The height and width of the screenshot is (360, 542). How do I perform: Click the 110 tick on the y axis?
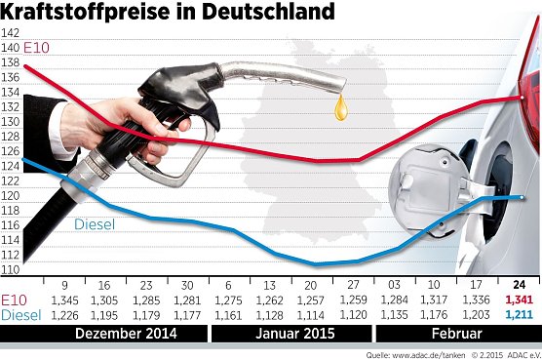coord(11,269)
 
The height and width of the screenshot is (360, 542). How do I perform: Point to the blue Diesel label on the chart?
coord(95,224)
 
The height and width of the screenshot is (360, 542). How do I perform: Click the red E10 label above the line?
coord(37,49)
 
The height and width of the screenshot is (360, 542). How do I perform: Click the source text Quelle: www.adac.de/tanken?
coord(429,352)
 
